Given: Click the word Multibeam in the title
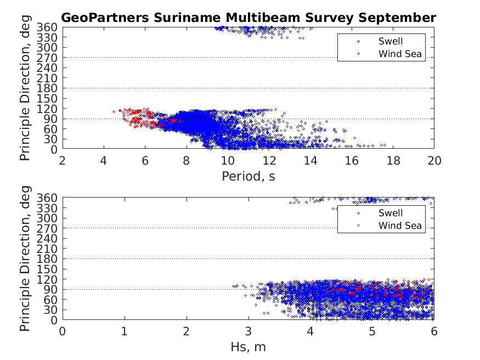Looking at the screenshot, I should click(x=246, y=18).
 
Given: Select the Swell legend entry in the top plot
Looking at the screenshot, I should click(x=390, y=41).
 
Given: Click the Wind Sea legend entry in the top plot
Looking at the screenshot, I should click(x=400, y=53).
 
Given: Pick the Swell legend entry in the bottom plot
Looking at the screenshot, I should click(x=390, y=213).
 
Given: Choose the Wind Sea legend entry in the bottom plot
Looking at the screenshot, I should click(x=400, y=226).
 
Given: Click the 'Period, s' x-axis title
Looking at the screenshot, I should click(x=249, y=176).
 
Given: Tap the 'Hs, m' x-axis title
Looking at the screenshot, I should click(x=249, y=347).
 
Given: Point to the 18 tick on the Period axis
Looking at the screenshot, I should click(x=393, y=160).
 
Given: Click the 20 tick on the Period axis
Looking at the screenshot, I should click(x=434, y=160).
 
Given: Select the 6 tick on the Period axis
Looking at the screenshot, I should click(x=145, y=160).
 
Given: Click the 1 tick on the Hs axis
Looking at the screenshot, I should click(x=125, y=331).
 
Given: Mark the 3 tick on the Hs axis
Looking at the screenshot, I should click(x=249, y=331).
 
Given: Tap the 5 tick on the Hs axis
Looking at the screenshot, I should click(x=372, y=331).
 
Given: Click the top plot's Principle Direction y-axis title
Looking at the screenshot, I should click(x=26, y=88).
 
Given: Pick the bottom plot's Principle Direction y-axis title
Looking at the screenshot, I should click(x=26, y=258).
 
